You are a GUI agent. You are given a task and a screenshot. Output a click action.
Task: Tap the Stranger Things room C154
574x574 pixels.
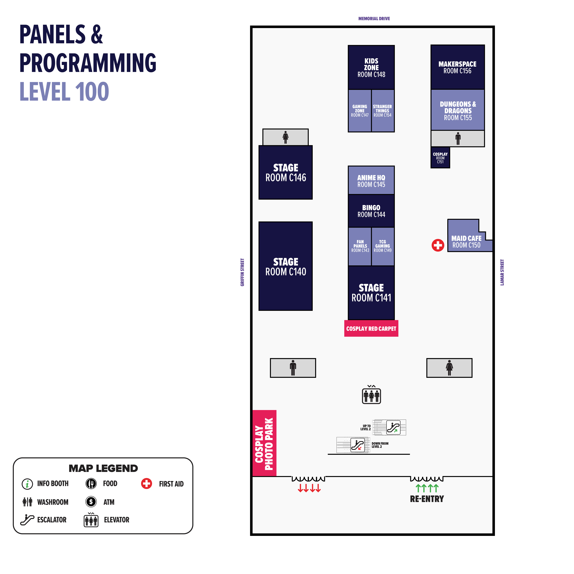383,111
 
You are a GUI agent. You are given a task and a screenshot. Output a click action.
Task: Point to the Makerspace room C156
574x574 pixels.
458,67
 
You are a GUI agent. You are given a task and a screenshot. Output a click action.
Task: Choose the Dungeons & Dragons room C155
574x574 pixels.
458,110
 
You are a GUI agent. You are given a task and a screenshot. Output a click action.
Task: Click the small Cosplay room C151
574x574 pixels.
440,158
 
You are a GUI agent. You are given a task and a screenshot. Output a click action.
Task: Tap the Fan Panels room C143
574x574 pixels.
360,246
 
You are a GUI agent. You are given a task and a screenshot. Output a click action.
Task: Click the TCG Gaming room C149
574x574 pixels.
383,246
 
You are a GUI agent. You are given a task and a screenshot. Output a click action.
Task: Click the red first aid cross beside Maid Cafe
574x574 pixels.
438,245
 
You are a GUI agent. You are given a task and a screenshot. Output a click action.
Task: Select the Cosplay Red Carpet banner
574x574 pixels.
371,328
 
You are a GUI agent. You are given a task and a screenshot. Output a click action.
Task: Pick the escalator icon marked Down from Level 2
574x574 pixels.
358,445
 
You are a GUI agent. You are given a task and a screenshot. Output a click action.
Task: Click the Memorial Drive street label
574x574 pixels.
374,18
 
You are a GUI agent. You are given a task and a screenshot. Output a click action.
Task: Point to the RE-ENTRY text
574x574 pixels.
427,499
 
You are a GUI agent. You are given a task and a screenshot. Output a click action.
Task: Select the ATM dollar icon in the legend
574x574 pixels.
91,502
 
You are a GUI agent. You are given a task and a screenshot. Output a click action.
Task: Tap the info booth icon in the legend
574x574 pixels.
27,484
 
